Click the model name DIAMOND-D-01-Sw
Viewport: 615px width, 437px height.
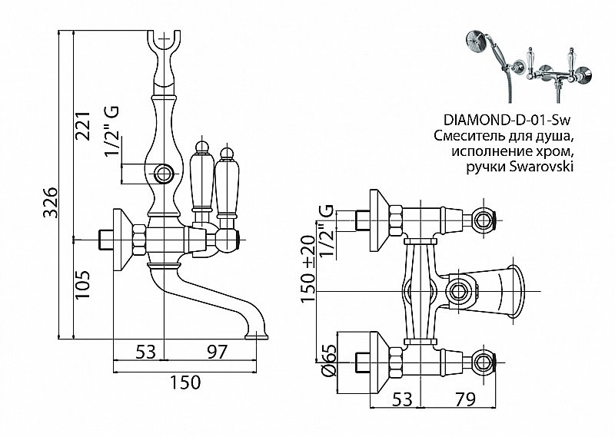click(x=511, y=120)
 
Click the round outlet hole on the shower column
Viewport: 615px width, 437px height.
click(x=163, y=173)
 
